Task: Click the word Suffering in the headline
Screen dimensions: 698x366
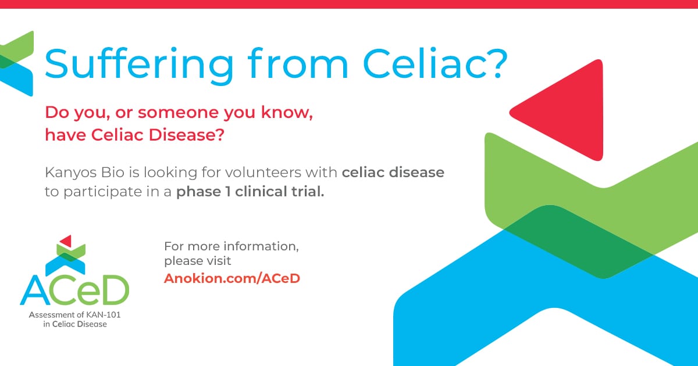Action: point(139,65)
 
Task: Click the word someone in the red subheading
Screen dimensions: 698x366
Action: point(179,112)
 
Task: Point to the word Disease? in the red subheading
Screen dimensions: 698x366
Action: point(186,135)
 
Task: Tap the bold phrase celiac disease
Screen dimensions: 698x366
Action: point(393,173)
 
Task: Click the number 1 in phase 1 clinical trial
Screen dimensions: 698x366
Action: point(228,192)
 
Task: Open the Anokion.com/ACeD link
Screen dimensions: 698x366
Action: point(232,278)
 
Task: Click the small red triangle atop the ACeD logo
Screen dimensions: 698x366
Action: point(67,241)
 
